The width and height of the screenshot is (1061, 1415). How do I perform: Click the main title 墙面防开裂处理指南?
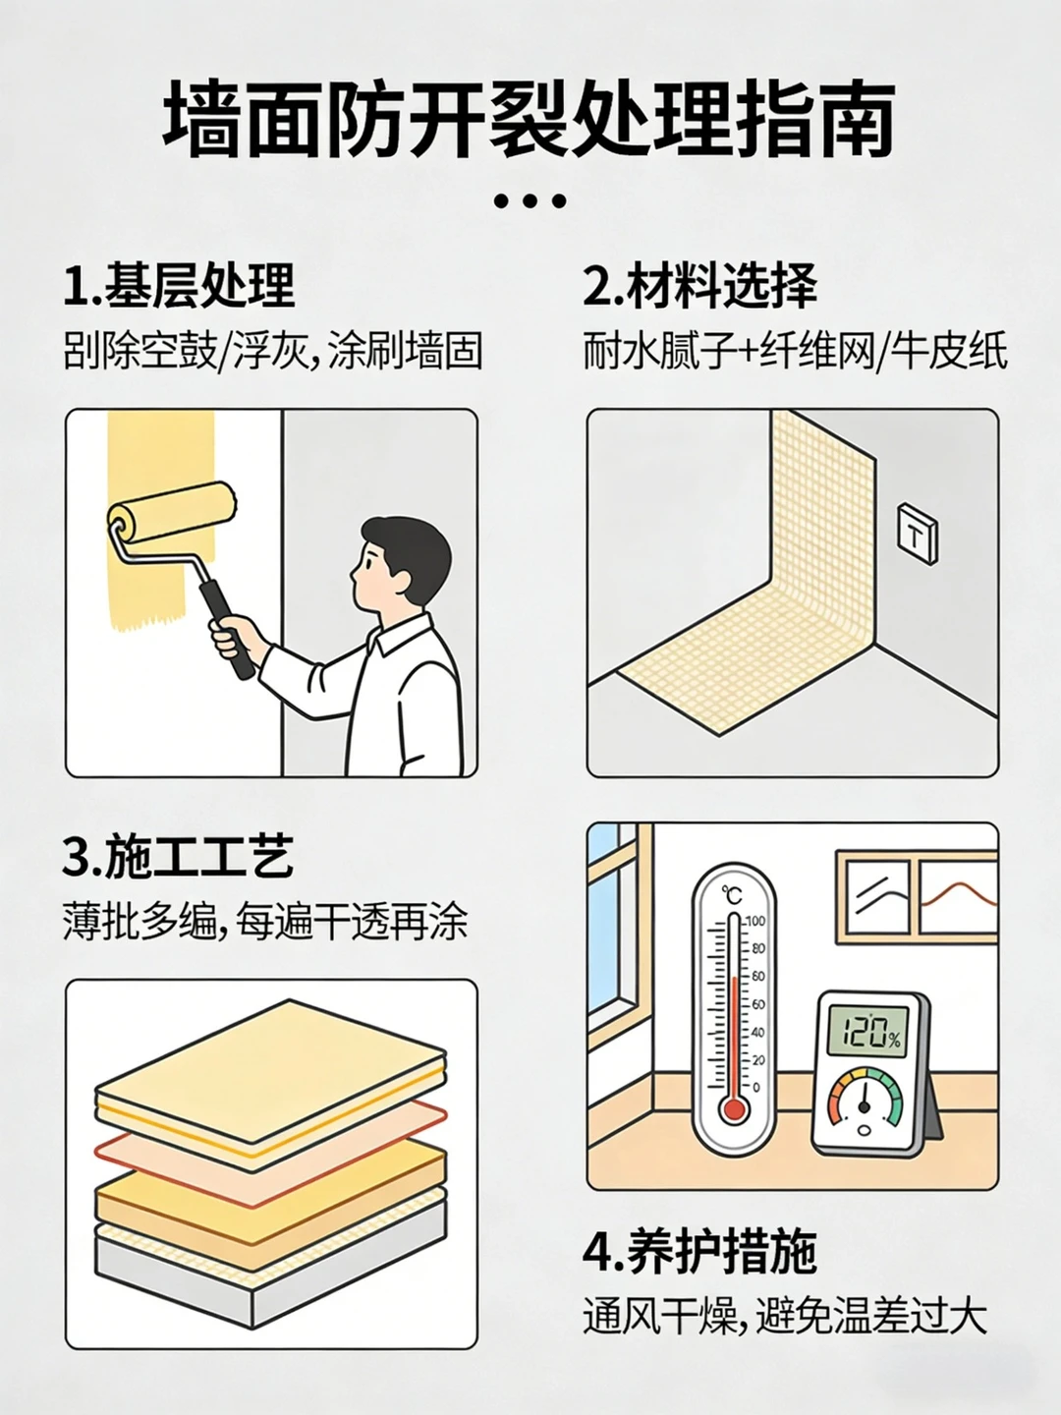529,122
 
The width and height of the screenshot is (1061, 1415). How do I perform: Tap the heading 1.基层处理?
180,286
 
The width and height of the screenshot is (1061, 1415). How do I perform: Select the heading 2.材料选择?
700,286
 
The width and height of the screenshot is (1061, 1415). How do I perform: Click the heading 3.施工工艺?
179,857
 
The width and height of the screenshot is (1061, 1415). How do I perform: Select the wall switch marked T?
918,536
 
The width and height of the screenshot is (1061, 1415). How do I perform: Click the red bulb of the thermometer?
734,1109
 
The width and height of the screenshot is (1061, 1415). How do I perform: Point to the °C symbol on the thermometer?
732,895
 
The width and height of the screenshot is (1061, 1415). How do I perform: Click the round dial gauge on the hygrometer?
865,1105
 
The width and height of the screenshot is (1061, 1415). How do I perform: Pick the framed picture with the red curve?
957,897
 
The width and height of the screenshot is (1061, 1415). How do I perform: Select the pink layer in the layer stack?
270,1142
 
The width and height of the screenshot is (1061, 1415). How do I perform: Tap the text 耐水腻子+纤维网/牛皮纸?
796,352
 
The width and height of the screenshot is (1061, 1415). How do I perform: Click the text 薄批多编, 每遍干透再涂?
265,923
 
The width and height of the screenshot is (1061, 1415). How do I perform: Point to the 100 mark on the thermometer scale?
755,921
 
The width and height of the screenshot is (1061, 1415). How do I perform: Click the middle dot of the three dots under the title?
530,201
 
